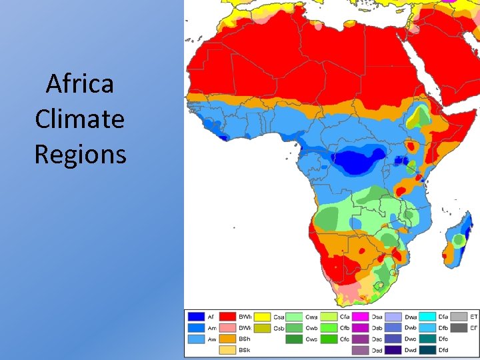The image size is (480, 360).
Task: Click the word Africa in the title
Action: point(80,85)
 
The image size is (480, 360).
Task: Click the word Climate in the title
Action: point(80,119)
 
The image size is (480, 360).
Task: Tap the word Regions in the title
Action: point(80,155)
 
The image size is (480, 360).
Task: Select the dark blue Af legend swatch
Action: point(196,317)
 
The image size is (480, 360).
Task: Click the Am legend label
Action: point(211,328)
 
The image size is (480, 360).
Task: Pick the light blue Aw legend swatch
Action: point(196,339)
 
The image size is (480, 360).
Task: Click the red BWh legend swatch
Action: point(229,317)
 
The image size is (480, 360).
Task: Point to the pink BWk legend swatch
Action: point(229,328)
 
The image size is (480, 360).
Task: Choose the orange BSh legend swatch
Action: point(229,339)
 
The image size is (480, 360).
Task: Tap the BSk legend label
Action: point(245,350)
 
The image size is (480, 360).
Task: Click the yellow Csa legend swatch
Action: point(262,317)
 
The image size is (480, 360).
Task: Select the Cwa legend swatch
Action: point(295,317)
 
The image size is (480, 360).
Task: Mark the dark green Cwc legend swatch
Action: point(295,339)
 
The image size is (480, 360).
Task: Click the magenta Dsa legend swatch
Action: point(361,317)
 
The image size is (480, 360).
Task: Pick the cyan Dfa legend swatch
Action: point(427,317)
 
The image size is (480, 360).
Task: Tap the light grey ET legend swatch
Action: point(459,317)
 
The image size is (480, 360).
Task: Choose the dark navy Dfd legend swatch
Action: point(427,350)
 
